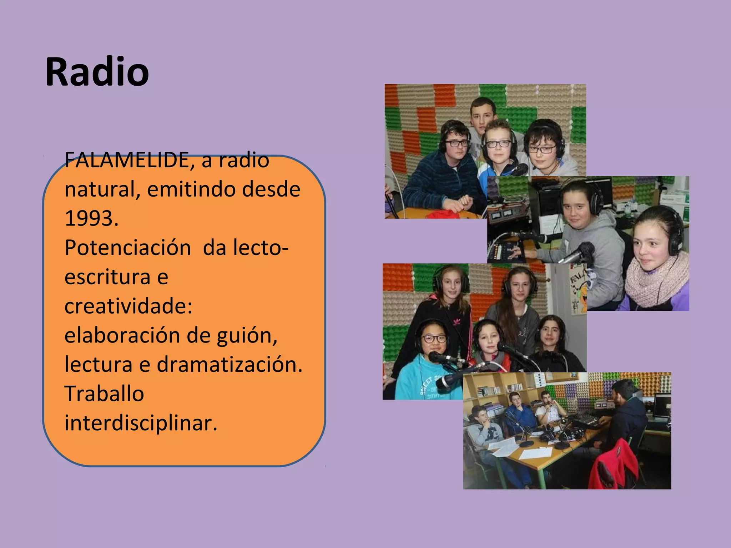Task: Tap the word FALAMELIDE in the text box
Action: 127,160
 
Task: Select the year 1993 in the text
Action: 91,218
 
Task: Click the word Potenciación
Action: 127,248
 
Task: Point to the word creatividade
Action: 128,306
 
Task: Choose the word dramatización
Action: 229,365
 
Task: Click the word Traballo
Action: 104,394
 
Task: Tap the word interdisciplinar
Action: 141,423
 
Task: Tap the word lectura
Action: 99,365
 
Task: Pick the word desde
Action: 271,189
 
